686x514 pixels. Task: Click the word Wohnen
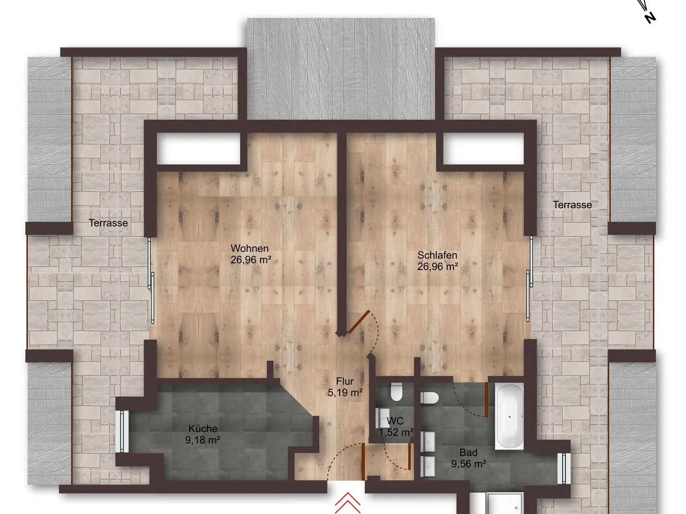249,248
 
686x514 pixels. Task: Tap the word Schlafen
437,255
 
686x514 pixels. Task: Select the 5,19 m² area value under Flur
345,392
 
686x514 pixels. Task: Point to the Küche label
203,428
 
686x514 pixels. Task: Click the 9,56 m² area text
468,464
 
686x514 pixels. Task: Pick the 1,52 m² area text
396,432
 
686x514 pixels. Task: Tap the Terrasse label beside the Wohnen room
108,223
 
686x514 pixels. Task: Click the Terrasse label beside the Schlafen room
572,204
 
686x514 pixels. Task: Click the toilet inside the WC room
396,392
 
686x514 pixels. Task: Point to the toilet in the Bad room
429,398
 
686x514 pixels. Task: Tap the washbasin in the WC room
384,418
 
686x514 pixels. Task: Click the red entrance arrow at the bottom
348,503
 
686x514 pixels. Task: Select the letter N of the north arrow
651,18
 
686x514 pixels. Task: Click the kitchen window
122,431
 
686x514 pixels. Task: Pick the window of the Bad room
564,468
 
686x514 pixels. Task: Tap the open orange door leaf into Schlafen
359,322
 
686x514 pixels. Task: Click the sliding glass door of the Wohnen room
151,280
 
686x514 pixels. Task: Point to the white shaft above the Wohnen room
198,148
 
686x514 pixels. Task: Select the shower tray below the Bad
504,503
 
